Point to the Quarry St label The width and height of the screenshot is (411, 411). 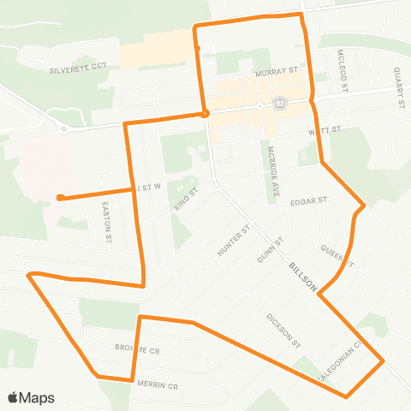coord(399,87)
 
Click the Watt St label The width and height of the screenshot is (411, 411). coord(326,133)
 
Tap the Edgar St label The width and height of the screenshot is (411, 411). coord(309,201)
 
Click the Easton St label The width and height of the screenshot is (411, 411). coord(107,220)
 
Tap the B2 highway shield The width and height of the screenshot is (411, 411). coord(279,104)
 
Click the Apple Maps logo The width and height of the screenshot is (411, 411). coord(31,397)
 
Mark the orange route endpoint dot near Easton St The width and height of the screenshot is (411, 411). coord(59,198)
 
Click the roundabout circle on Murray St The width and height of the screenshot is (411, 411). coord(259,105)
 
